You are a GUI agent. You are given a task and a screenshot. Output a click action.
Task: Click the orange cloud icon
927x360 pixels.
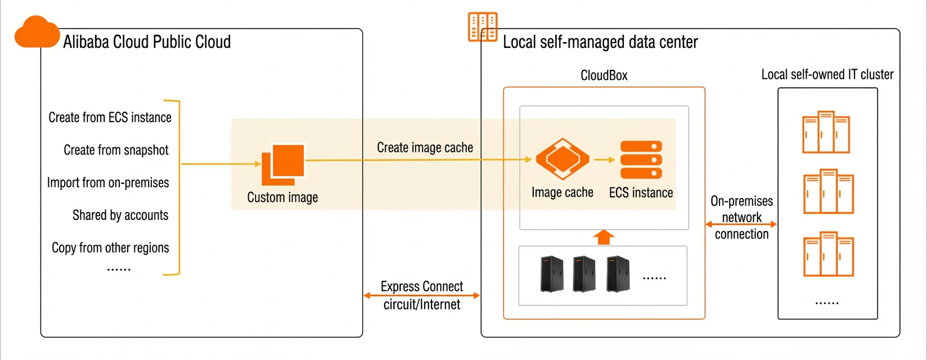click(37, 32)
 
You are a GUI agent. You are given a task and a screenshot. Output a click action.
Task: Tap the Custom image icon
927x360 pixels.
click(283, 164)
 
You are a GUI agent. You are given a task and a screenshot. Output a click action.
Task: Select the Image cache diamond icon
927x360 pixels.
click(562, 159)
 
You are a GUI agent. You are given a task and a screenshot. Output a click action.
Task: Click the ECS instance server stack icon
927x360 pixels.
click(641, 160)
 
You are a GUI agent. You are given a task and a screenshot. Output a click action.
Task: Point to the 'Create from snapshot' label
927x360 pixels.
click(116, 150)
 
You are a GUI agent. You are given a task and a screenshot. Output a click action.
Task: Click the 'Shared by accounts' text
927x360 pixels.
click(120, 215)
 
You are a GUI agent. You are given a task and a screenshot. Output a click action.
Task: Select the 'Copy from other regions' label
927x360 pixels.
click(110, 247)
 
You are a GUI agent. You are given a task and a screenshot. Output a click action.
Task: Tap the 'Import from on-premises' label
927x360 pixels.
click(108, 182)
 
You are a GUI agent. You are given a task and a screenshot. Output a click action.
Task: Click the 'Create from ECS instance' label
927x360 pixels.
click(110, 118)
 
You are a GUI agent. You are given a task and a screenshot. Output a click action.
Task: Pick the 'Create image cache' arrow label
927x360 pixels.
click(425, 148)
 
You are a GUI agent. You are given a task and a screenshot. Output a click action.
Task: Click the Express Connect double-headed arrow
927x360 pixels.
click(422, 295)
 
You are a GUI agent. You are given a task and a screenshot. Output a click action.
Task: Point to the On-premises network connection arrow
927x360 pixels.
click(741, 224)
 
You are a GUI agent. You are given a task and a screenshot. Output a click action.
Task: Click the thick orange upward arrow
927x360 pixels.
click(604, 237)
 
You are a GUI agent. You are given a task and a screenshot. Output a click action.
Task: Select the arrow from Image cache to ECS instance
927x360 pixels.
click(604, 160)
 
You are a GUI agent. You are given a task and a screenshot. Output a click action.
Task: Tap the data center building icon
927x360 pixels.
click(483, 27)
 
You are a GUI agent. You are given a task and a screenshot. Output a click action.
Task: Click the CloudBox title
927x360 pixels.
click(604, 75)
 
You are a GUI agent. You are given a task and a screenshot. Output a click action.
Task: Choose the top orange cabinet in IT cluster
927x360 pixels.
click(826, 132)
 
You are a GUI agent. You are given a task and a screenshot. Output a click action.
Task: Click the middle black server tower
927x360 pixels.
click(584, 274)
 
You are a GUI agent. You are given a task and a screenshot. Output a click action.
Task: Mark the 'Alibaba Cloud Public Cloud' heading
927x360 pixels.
click(147, 42)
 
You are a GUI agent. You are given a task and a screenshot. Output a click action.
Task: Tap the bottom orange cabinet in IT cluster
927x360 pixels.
click(829, 254)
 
